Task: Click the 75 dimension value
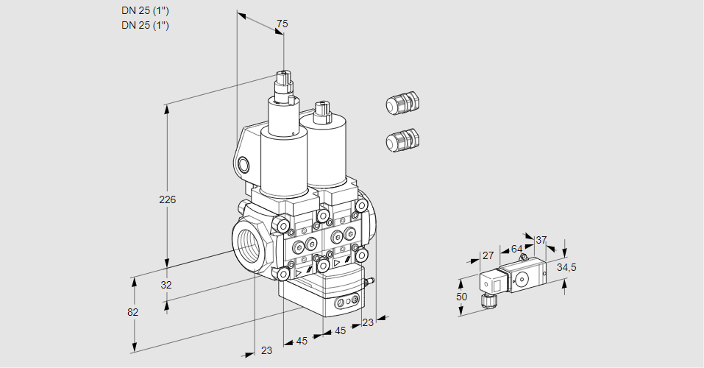point(281,24)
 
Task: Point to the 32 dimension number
point(166,284)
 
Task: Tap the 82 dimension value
point(133,312)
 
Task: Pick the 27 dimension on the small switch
point(487,255)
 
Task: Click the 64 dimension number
point(516,250)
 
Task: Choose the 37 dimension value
point(541,240)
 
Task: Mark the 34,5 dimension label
point(566,266)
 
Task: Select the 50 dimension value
point(461,296)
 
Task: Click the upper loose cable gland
point(402,103)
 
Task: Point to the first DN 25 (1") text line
point(145,11)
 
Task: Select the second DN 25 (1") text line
point(145,26)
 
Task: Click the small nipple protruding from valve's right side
point(371,280)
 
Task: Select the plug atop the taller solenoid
point(284,79)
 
